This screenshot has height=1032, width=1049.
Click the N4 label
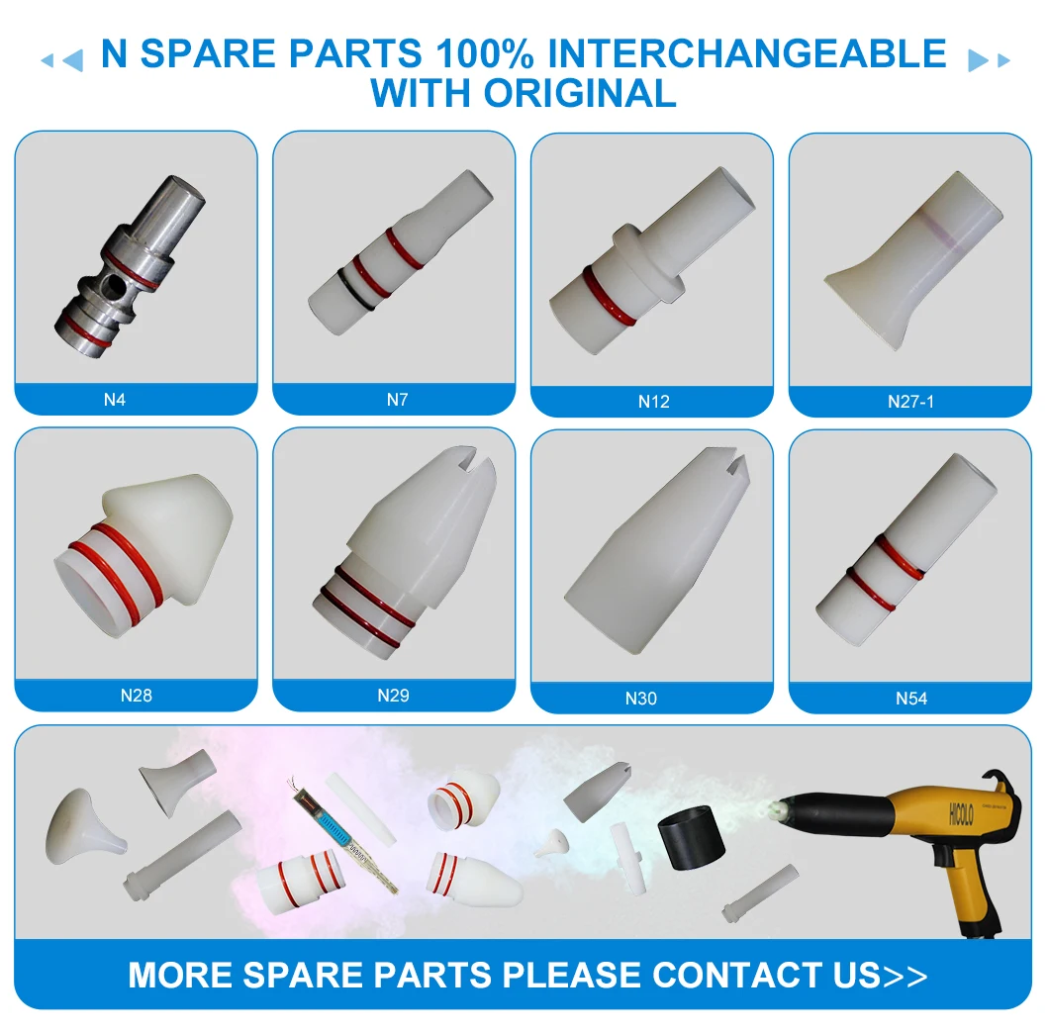(115, 400)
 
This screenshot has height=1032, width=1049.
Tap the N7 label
(398, 400)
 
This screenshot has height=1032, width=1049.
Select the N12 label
(653, 402)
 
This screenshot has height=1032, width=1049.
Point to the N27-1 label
(910, 402)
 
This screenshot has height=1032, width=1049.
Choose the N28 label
(137, 696)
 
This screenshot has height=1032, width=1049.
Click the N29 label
(394, 696)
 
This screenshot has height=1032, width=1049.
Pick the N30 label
(641, 699)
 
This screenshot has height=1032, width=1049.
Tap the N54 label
(911, 699)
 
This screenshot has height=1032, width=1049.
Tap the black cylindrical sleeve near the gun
(692, 837)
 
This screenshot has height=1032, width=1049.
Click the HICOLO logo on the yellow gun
(961, 813)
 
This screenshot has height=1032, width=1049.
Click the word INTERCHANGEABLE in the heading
(746, 53)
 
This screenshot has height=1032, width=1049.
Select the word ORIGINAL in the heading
(579, 93)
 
